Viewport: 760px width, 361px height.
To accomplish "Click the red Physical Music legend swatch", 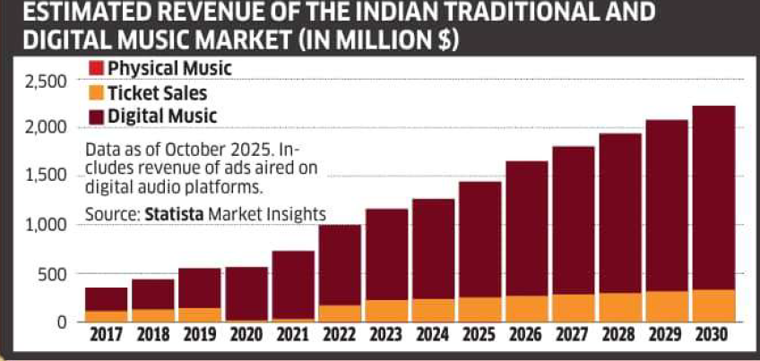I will (97, 68).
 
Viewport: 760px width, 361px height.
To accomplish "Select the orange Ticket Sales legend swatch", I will (97, 91).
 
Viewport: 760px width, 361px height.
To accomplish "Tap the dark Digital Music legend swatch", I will (97, 115).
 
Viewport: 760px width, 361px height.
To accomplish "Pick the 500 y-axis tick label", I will (56, 273).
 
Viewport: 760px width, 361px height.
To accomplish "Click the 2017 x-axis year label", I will (106, 337).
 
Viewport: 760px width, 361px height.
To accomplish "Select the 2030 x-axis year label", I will (714, 337).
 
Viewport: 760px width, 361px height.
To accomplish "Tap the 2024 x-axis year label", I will (434, 337).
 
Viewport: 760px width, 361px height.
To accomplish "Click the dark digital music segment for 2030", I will (714, 197).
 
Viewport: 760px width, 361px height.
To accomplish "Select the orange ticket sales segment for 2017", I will (106, 315).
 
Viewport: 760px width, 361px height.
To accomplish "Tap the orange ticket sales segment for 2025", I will (480, 309).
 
